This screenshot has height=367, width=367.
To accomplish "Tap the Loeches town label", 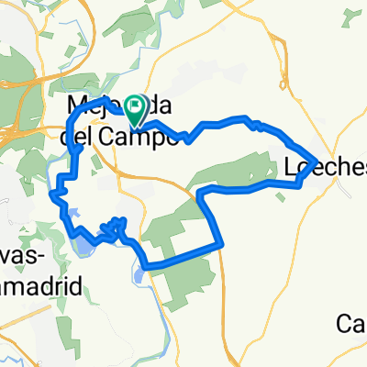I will [326, 167].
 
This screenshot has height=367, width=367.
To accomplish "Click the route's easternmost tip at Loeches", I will [317, 159].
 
